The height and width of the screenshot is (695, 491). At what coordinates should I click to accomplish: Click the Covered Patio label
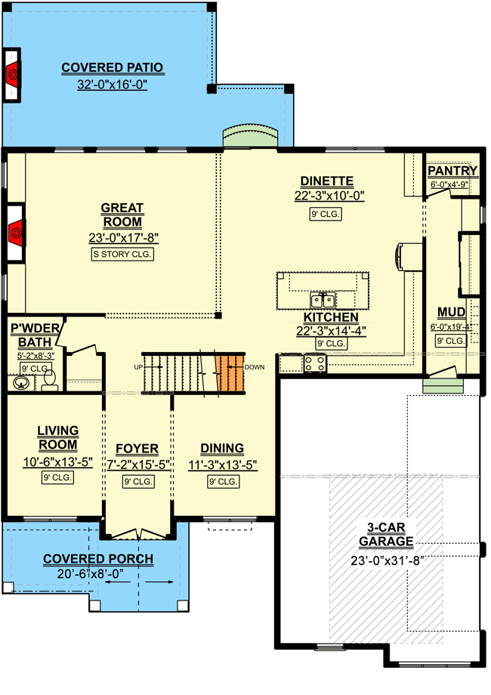[112, 67]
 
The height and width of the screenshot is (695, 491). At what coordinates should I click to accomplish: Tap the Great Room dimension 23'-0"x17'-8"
[124, 238]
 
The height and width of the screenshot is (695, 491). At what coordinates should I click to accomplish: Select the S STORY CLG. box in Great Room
[122, 254]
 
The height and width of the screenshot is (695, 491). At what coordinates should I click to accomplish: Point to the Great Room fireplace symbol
[16, 232]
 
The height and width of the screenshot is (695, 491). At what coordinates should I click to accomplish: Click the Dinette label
[327, 181]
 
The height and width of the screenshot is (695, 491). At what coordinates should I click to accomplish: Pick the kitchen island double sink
[323, 300]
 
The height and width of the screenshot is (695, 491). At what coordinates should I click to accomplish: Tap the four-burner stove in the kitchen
[315, 363]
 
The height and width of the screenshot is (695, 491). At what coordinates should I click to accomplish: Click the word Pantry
[452, 171]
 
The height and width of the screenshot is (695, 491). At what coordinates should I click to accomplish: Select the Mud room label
[451, 313]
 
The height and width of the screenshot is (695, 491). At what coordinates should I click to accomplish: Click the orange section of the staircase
[230, 372]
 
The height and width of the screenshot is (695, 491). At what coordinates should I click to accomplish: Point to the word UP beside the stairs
[138, 367]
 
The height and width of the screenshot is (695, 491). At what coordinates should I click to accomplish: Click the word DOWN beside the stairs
[255, 367]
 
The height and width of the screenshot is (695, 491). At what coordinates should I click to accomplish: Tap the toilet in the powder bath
[50, 381]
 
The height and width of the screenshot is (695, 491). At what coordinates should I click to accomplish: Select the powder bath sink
[20, 383]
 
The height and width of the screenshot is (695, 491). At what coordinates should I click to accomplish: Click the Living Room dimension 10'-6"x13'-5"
[57, 462]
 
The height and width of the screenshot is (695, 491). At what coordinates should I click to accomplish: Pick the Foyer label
[137, 449]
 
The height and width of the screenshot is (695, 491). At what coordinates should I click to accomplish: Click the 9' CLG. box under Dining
[224, 481]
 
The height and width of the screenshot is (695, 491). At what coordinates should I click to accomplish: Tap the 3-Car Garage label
[386, 535]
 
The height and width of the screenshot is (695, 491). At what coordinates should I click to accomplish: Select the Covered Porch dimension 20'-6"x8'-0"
[91, 574]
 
